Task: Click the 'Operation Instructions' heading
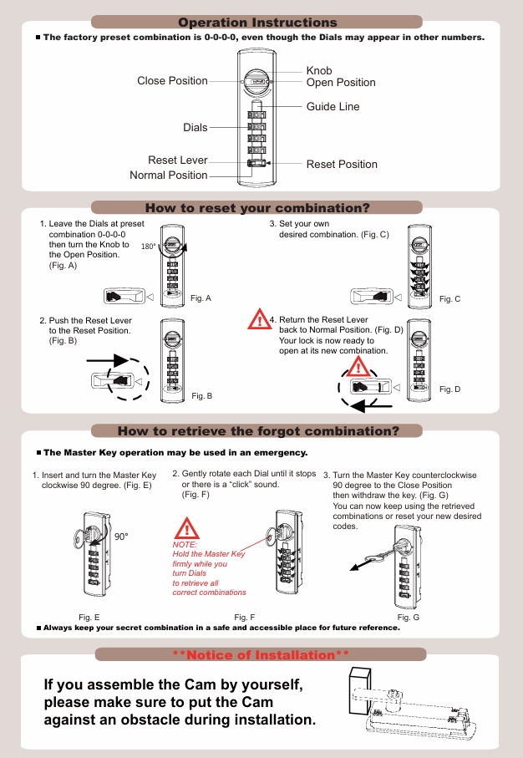point(257,23)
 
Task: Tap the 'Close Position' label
point(172,81)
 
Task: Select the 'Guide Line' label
point(333,107)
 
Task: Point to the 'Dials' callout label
point(195,128)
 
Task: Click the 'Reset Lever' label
point(177,160)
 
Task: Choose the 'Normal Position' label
point(168,176)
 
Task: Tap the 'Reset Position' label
point(342,165)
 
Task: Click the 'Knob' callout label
point(319,71)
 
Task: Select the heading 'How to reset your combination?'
point(257,208)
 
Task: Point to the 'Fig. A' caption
point(201,298)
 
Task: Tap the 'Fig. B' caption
point(202,395)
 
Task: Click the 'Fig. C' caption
point(449,299)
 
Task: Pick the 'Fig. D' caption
point(449,389)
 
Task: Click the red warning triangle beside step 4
point(260,321)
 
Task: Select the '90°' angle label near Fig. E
point(122,537)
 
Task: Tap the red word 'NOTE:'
point(184,544)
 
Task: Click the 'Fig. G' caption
point(409,617)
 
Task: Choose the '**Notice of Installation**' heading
point(260,655)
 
